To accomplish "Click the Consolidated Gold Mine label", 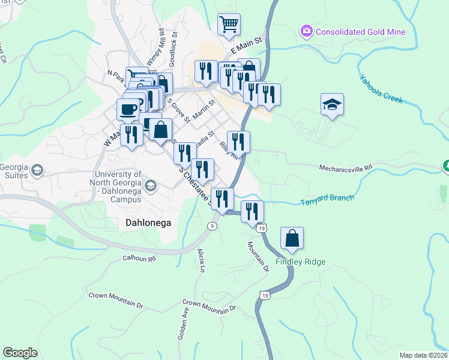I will click(361, 32).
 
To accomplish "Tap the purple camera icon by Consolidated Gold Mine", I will click(307, 31).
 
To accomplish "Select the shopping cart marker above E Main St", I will click(229, 25).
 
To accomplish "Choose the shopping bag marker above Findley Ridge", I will click(292, 238).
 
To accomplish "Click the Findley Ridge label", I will click(300, 262).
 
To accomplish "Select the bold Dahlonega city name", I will click(148, 223).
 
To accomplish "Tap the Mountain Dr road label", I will click(258, 256).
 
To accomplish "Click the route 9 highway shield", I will click(212, 226).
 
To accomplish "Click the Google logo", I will click(20, 353).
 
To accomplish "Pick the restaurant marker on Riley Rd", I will click(238, 142).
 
